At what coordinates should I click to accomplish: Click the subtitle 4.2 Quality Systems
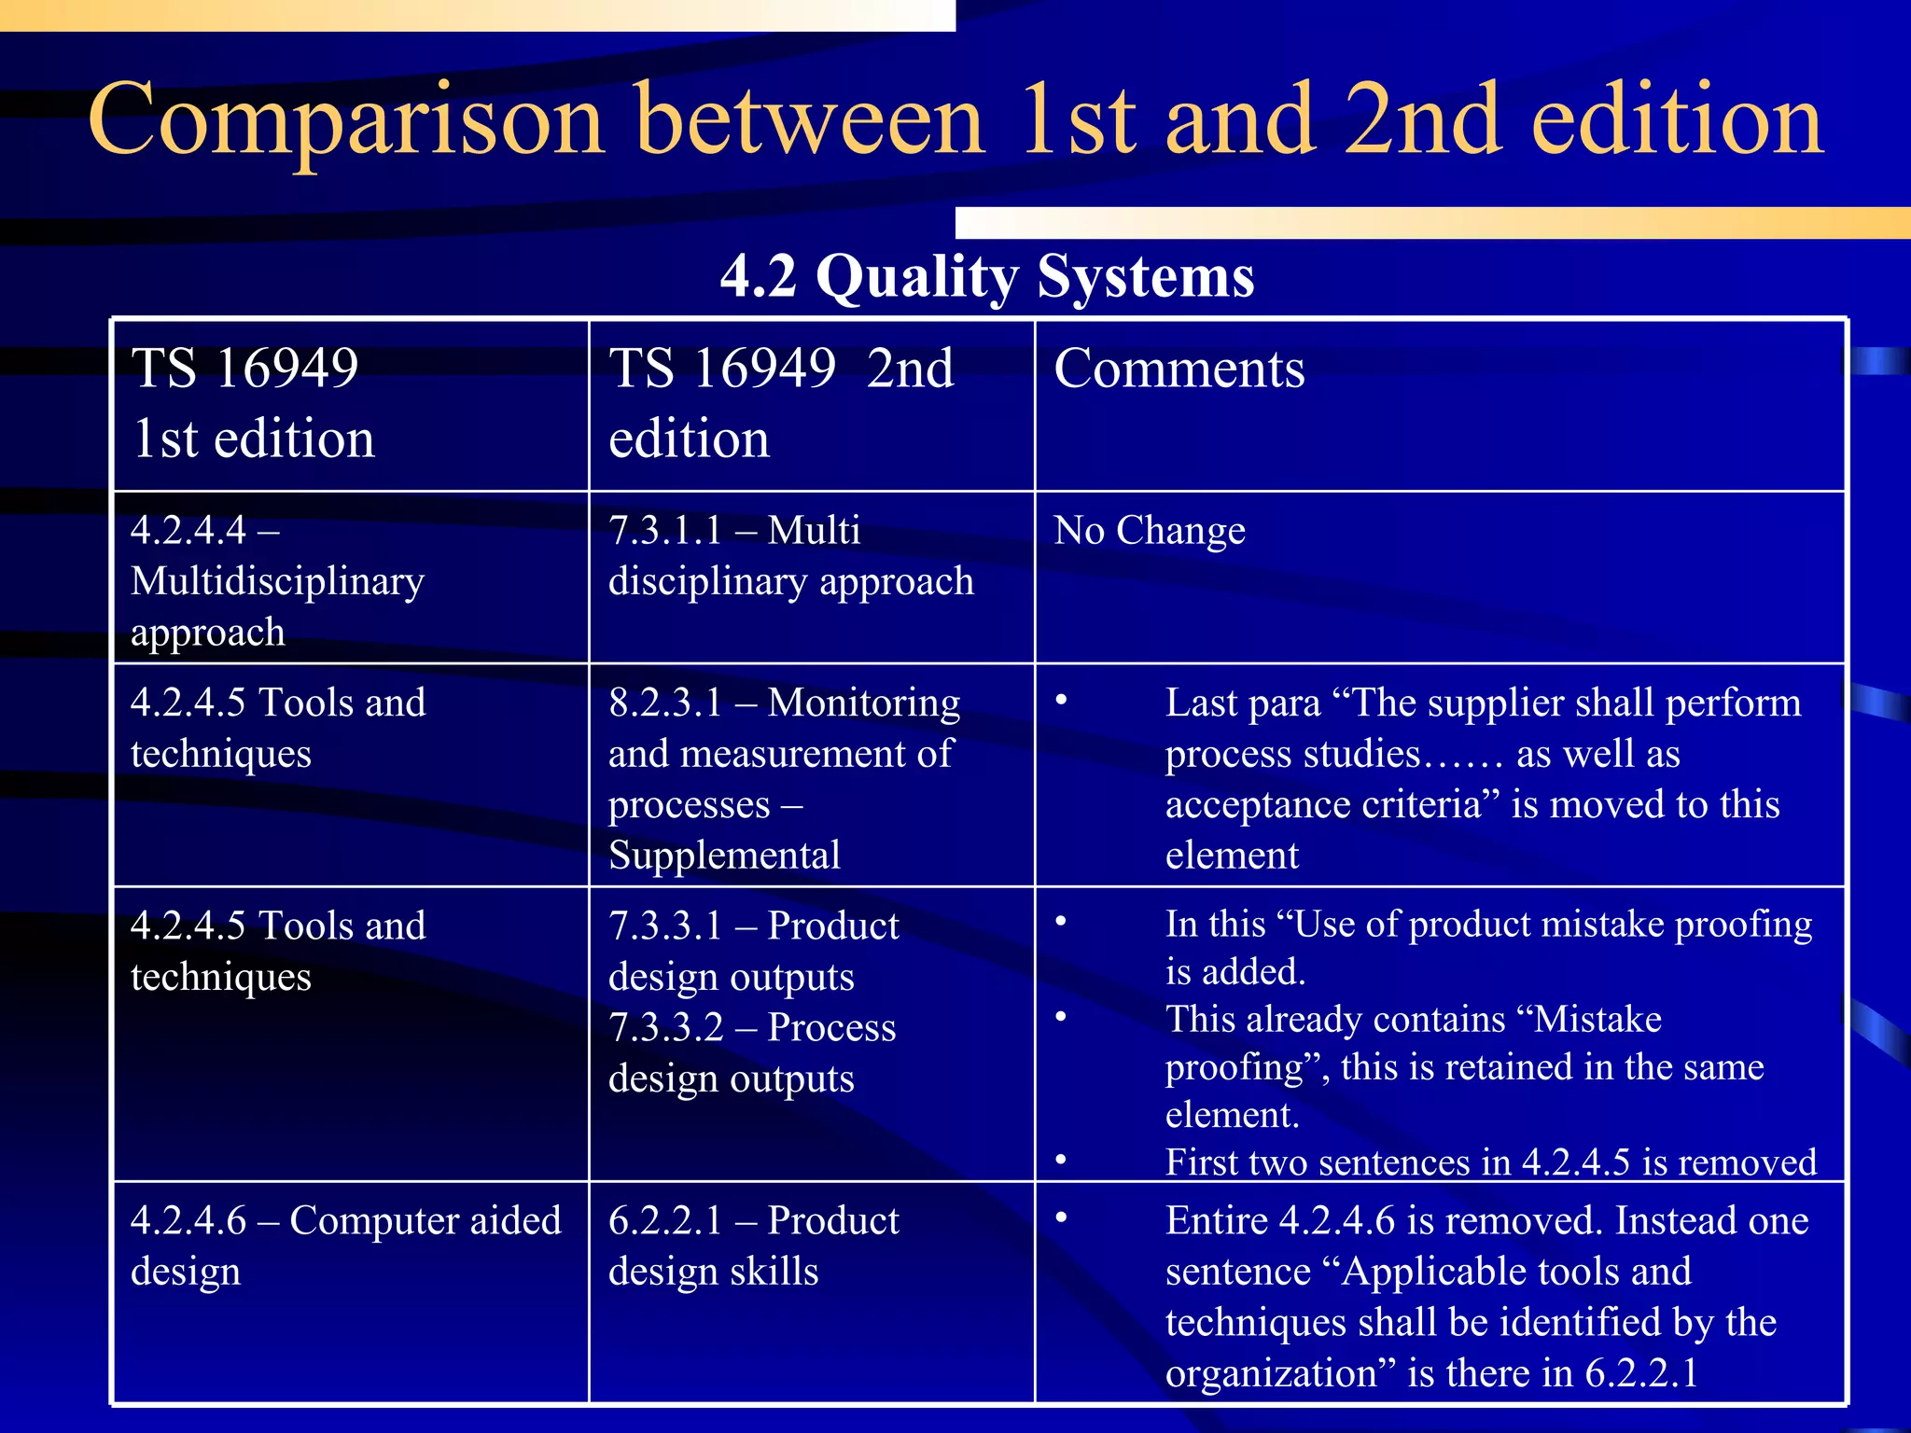point(987,276)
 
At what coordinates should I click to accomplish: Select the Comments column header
point(1179,368)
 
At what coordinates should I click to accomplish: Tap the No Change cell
point(1150,530)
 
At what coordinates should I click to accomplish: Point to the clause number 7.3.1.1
point(665,530)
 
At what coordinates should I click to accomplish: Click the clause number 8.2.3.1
point(665,703)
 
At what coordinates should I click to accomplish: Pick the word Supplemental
point(724,855)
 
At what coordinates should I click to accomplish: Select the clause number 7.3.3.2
point(665,1027)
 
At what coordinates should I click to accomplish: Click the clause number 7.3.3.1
point(665,925)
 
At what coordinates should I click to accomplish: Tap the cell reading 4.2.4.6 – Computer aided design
point(345,1245)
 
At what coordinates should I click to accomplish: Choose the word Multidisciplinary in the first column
point(277,581)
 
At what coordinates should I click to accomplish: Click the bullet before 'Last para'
point(1061,701)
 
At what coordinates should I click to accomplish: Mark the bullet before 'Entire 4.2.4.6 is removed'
point(1061,1218)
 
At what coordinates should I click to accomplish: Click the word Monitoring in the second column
point(863,703)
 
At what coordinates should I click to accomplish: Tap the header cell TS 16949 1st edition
point(254,403)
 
